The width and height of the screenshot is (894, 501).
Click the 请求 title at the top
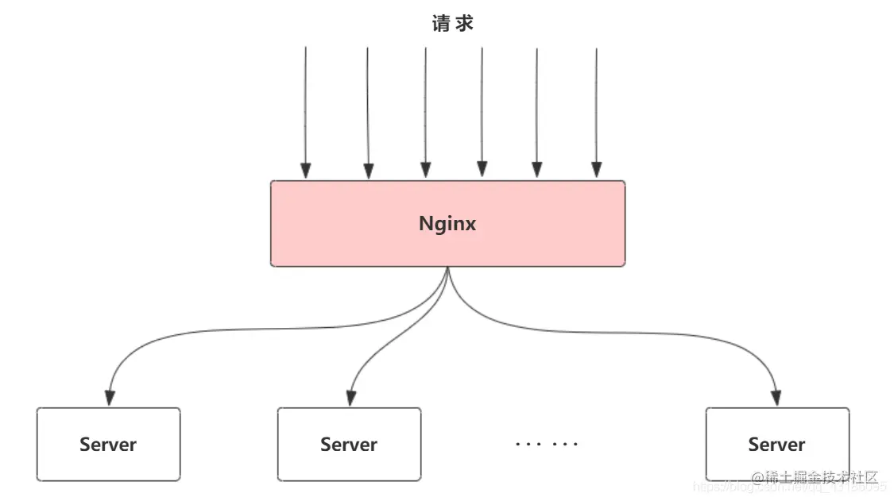click(x=452, y=24)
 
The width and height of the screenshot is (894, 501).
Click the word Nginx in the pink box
click(x=447, y=224)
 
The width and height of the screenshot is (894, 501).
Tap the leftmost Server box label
click(x=108, y=445)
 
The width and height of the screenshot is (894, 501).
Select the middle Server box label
click(x=349, y=445)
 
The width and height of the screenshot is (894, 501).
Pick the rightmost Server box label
click(x=776, y=445)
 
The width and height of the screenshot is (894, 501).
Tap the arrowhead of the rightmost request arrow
click(x=597, y=170)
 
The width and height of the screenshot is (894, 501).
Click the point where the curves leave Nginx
click(x=448, y=268)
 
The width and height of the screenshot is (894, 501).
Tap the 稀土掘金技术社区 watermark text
click(x=819, y=478)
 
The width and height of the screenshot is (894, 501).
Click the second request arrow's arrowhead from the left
click(x=368, y=171)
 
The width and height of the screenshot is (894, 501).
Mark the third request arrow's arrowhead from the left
click(x=426, y=170)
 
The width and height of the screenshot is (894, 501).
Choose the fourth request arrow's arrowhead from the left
click(x=482, y=169)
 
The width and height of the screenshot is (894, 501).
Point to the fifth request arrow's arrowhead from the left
click(x=537, y=170)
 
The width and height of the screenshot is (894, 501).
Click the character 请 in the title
click(x=441, y=24)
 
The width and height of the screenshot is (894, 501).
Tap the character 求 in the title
click(x=464, y=24)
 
